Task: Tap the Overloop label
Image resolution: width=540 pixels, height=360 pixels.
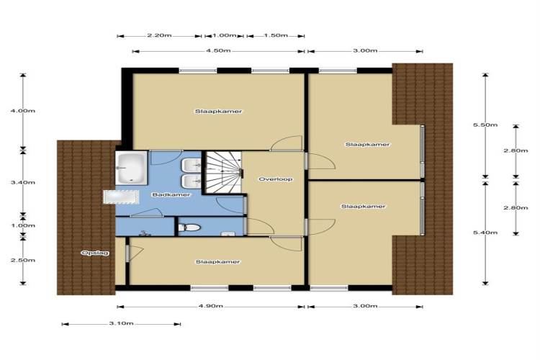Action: point(276,179)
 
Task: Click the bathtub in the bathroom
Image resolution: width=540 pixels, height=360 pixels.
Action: point(132,168)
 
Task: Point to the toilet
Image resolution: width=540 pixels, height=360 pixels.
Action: point(189,228)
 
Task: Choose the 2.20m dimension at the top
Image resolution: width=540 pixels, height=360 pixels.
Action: point(159,35)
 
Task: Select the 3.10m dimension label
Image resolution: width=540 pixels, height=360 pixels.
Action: point(121,323)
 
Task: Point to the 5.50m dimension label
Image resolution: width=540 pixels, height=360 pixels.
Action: point(485,125)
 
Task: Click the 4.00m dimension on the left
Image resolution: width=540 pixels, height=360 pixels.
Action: point(23,111)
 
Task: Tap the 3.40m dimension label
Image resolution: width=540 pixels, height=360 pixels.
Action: point(23,183)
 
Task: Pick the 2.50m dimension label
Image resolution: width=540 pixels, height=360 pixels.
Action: point(23,260)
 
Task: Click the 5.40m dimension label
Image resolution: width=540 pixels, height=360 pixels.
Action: point(485,233)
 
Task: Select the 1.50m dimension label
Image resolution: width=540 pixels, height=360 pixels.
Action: point(276,35)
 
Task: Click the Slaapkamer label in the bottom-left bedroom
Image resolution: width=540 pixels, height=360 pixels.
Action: point(217,262)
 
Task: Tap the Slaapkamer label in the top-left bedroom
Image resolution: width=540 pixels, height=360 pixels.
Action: point(218,112)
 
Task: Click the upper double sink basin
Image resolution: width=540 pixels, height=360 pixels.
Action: point(191,166)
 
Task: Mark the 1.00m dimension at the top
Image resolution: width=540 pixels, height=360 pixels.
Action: point(224,35)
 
